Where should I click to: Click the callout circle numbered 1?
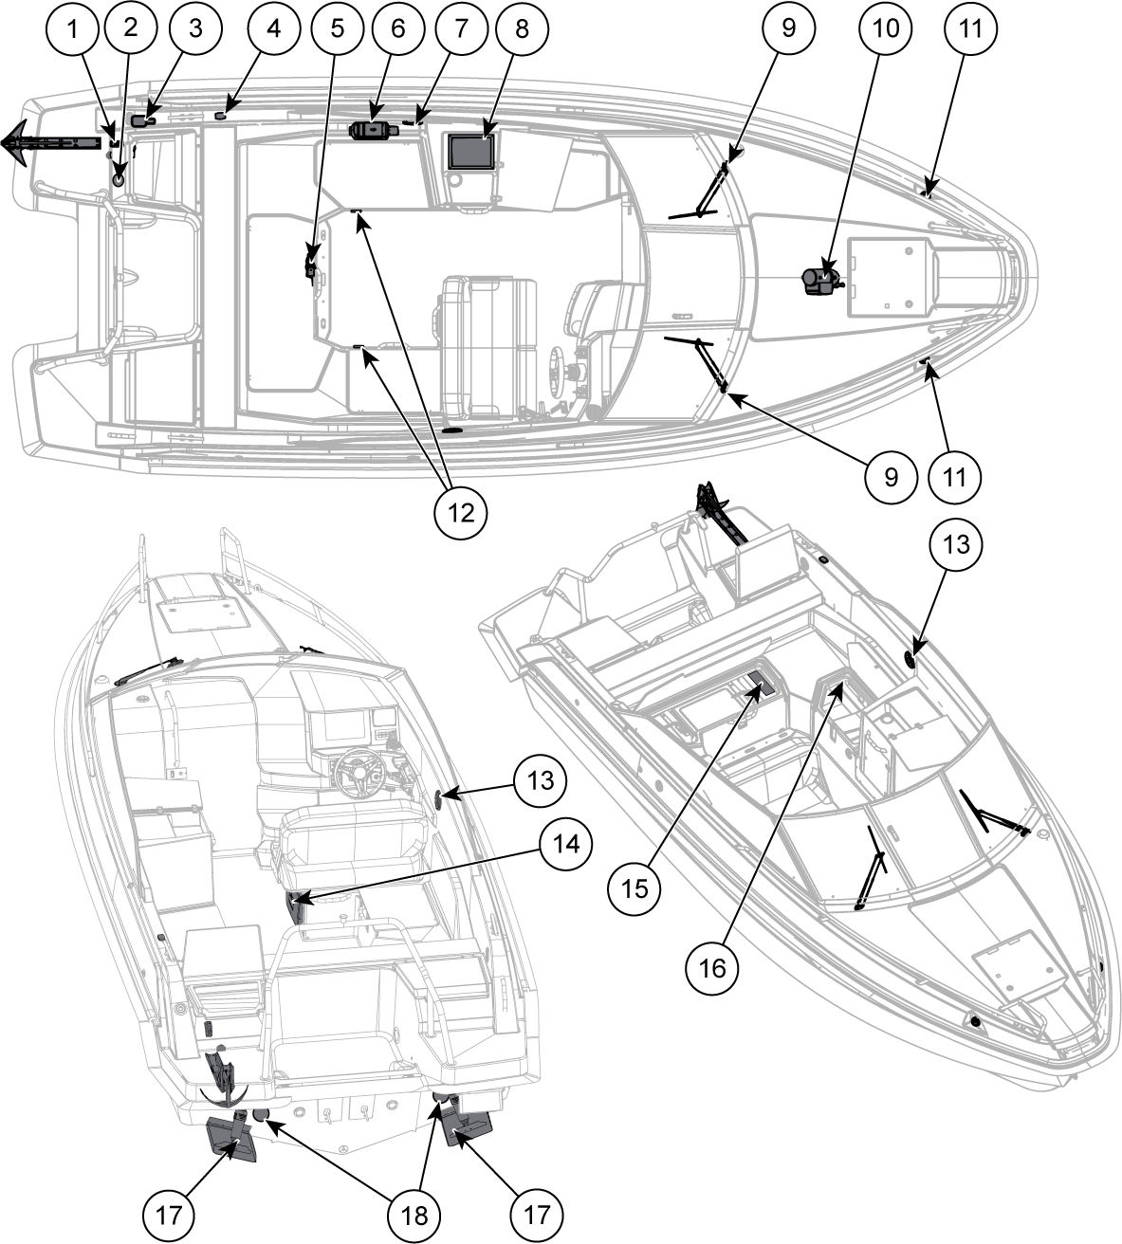72,28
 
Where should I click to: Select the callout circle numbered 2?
131,28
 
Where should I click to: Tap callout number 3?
195,28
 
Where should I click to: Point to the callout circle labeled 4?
273,28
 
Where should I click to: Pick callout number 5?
337,28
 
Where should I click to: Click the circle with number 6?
397,28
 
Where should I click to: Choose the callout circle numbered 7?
460,28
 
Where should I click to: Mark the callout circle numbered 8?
521,28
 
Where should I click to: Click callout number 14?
566,841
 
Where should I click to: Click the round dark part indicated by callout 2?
120,177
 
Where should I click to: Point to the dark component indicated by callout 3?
142,120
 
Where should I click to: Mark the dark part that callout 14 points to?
297,906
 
